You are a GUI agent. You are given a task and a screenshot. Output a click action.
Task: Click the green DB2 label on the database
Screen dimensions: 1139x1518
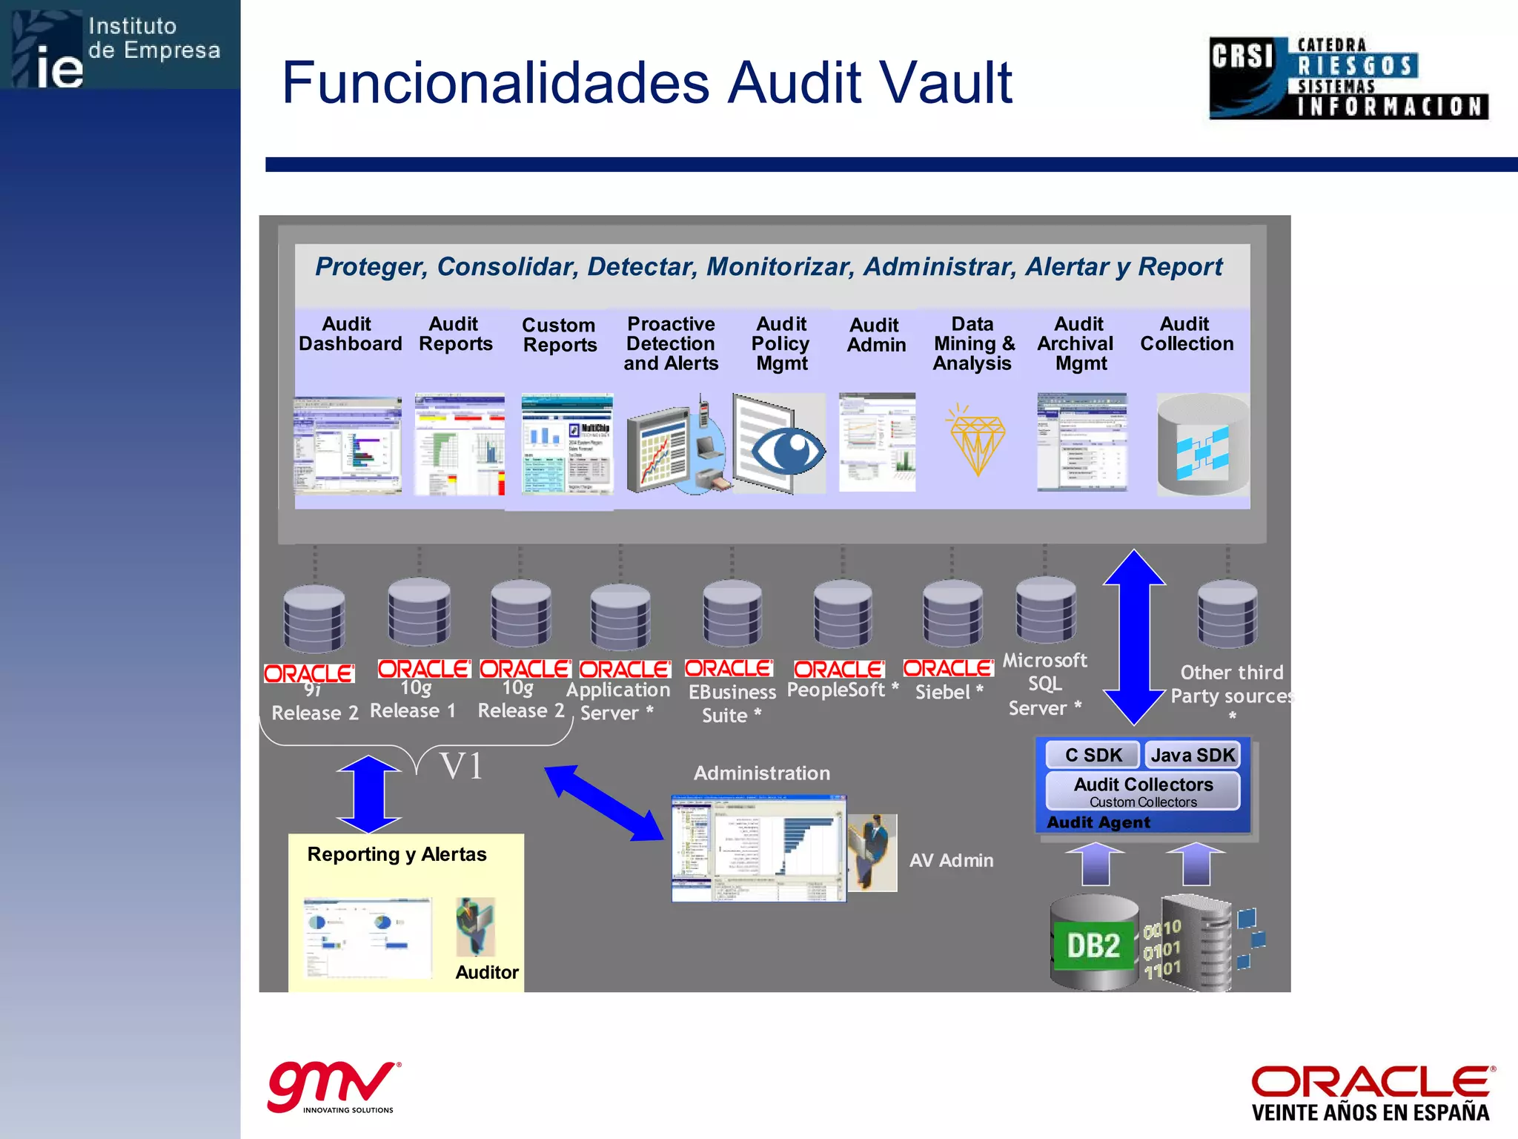(1093, 945)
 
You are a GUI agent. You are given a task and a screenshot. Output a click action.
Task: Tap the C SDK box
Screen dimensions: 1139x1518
(1093, 755)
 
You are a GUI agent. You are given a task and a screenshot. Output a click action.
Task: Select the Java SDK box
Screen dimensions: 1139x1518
(1192, 755)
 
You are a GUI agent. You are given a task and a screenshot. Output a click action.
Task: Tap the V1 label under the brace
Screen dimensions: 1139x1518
(461, 766)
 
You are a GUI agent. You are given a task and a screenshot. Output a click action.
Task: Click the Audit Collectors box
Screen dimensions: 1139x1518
(1143, 791)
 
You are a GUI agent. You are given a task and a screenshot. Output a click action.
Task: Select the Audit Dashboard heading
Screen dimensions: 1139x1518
(350, 334)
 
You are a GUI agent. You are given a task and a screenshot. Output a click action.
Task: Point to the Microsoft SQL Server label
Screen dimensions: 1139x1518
(1044, 684)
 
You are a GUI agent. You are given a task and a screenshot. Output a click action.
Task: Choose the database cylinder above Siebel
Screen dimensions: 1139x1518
(952, 613)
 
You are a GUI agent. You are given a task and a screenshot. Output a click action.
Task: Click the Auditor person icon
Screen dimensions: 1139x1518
(475, 927)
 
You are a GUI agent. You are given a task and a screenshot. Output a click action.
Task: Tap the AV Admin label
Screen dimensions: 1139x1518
(951, 860)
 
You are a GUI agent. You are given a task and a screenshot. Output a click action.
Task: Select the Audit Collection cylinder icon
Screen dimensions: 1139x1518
(1202, 445)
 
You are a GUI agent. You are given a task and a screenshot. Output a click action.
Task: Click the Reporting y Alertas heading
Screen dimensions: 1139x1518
(397, 854)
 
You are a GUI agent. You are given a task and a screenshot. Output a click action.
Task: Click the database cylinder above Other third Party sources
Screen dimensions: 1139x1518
(1227, 613)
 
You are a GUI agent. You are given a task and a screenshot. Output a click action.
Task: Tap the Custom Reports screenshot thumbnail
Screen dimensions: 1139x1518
(567, 444)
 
